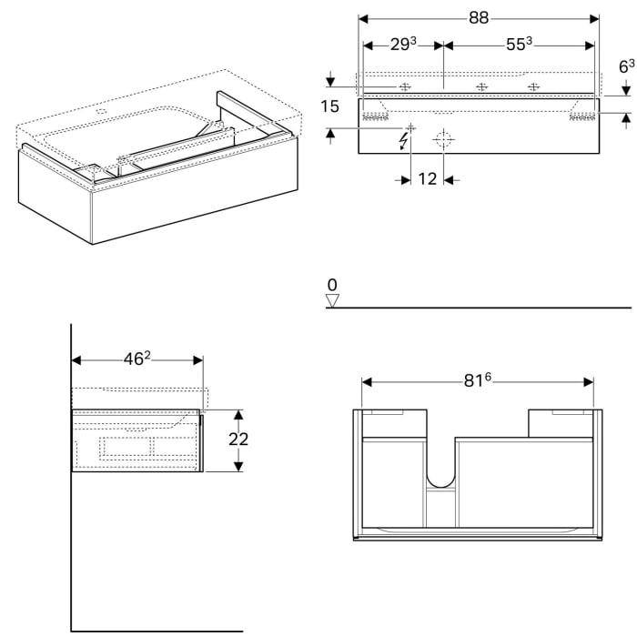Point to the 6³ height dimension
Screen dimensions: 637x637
point(626,66)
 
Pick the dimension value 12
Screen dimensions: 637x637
point(428,179)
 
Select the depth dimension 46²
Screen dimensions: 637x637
point(136,359)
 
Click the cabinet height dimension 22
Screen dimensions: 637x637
point(239,439)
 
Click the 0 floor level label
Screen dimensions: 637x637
point(332,285)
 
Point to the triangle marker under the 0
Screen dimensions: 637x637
point(332,299)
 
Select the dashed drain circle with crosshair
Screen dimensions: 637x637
point(444,140)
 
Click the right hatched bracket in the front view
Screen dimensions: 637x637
point(581,116)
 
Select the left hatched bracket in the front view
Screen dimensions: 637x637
point(373,116)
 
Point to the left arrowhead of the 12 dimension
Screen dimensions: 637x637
point(407,179)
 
